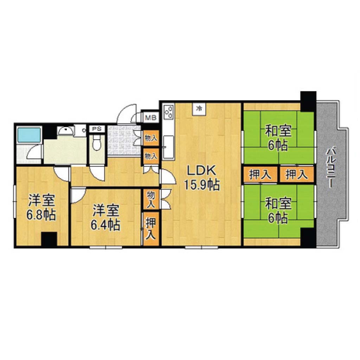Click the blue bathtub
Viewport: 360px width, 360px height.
(29, 135)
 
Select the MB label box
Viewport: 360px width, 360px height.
(151, 118)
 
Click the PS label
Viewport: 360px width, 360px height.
(97, 129)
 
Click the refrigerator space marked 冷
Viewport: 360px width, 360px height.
(200, 108)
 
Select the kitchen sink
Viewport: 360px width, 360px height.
(168, 147)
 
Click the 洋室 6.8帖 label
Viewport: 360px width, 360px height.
(41, 207)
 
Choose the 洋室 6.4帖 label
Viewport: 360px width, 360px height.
(105, 217)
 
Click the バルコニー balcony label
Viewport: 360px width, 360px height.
(330, 168)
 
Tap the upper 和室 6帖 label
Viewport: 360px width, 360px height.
(278, 137)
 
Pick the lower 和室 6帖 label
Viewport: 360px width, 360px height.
(278, 211)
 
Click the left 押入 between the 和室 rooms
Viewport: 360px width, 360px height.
(261, 174)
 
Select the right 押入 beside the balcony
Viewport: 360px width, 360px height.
(296, 174)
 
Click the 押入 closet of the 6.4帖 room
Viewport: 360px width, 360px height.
(151, 229)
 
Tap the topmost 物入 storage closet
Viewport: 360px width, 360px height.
(151, 138)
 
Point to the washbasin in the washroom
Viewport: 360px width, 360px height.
(66, 131)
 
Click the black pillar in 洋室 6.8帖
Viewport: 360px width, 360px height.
(49, 239)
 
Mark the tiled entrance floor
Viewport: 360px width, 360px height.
(123, 140)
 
